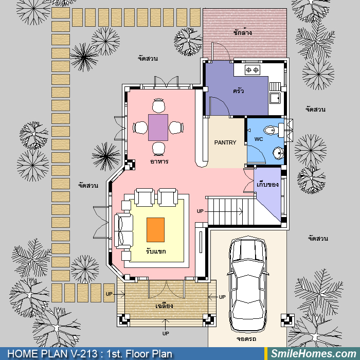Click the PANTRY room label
[x=225, y=142]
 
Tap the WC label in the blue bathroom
[x=259, y=139]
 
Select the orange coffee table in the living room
[x=155, y=230]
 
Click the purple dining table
[x=158, y=128]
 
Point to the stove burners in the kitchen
[x=253, y=70]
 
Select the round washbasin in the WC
[x=278, y=153]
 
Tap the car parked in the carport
[x=248, y=284]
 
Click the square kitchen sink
[x=275, y=98]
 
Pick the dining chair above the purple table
[x=158, y=105]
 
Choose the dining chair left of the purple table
[x=140, y=128]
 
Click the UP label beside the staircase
[x=200, y=211]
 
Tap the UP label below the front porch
[x=166, y=333]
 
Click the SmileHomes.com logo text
[x=313, y=354]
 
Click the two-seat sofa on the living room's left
[x=124, y=231]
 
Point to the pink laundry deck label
[x=242, y=32]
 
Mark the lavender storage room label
[x=267, y=184]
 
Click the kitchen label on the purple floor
[x=238, y=91]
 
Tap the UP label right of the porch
[x=222, y=297]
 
